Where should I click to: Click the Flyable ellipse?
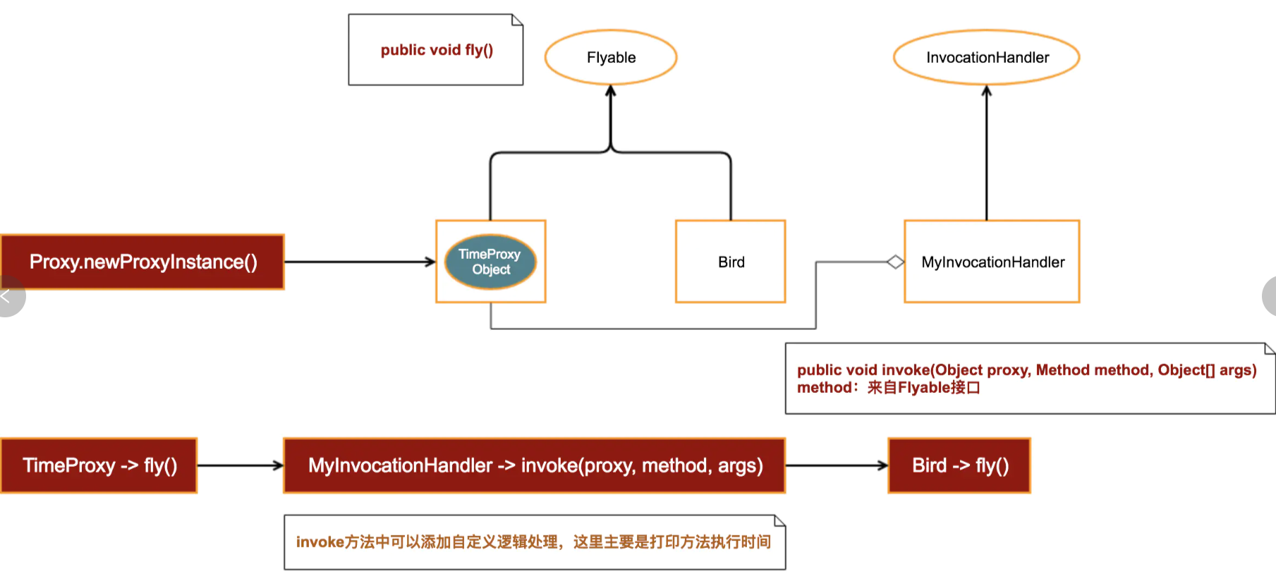[x=611, y=57]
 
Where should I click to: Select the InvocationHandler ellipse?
[x=987, y=57]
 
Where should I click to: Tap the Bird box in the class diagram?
[x=731, y=262]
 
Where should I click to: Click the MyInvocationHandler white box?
[x=992, y=262]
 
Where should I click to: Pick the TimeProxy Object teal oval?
[x=490, y=262]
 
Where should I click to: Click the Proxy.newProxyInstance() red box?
[x=142, y=262]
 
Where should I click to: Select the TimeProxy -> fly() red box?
[x=99, y=465]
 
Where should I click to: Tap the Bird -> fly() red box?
[x=959, y=465]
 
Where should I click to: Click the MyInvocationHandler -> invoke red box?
[x=535, y=465]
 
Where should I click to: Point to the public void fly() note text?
[x=437, y=50]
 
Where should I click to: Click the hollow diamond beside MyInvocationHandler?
[x=895, y=262]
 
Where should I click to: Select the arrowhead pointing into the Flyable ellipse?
[x=611, y=91]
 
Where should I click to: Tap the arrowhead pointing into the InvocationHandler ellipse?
[x=987, y=91]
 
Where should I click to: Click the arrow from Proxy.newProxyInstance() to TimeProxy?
[x=360, y=262]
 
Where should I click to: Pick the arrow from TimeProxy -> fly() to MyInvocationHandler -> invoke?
[x=240, y=465]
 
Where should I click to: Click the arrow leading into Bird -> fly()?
[x=837, y=465]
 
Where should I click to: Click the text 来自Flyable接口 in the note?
[x=923, y=388]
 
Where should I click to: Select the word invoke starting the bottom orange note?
[x=320, y=542]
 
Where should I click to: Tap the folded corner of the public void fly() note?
[x=518, y=19]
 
